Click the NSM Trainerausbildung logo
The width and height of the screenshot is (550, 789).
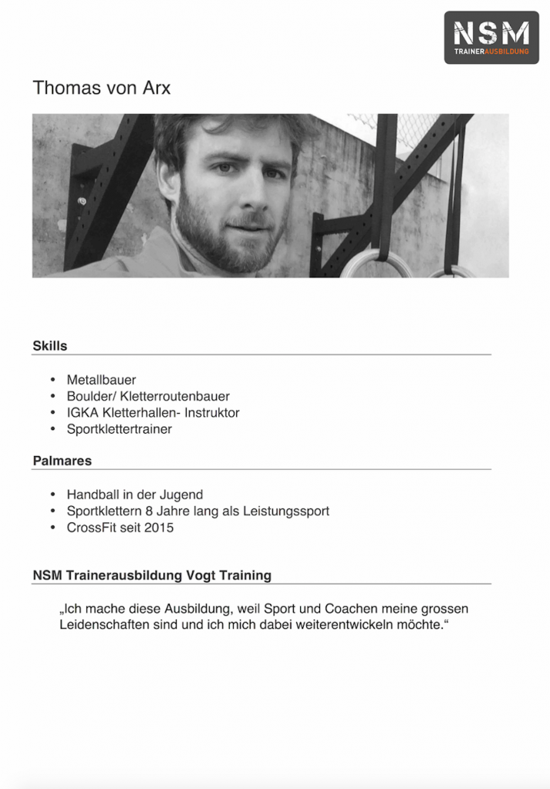pyautogui.click(x=491, y=37)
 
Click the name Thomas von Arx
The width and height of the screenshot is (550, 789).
pyautogui.click(x=101, y=88)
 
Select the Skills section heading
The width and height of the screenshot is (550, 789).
pyautogui.click(x=49, y=346)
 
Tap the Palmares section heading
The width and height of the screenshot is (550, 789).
pyautogui.click(x=62, y=461)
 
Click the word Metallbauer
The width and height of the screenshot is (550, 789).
pyautogui.click(x=101, y=380)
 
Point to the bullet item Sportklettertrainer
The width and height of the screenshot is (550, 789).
pyautogui.click(x=119, y=429)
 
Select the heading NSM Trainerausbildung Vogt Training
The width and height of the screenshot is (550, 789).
pyautogui.click(x=152, y=576)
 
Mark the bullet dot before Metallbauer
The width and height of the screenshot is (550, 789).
pyautogui.click(x=52, y=380)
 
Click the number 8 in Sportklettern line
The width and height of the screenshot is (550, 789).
pyautogui.click(x=149, y=511)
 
